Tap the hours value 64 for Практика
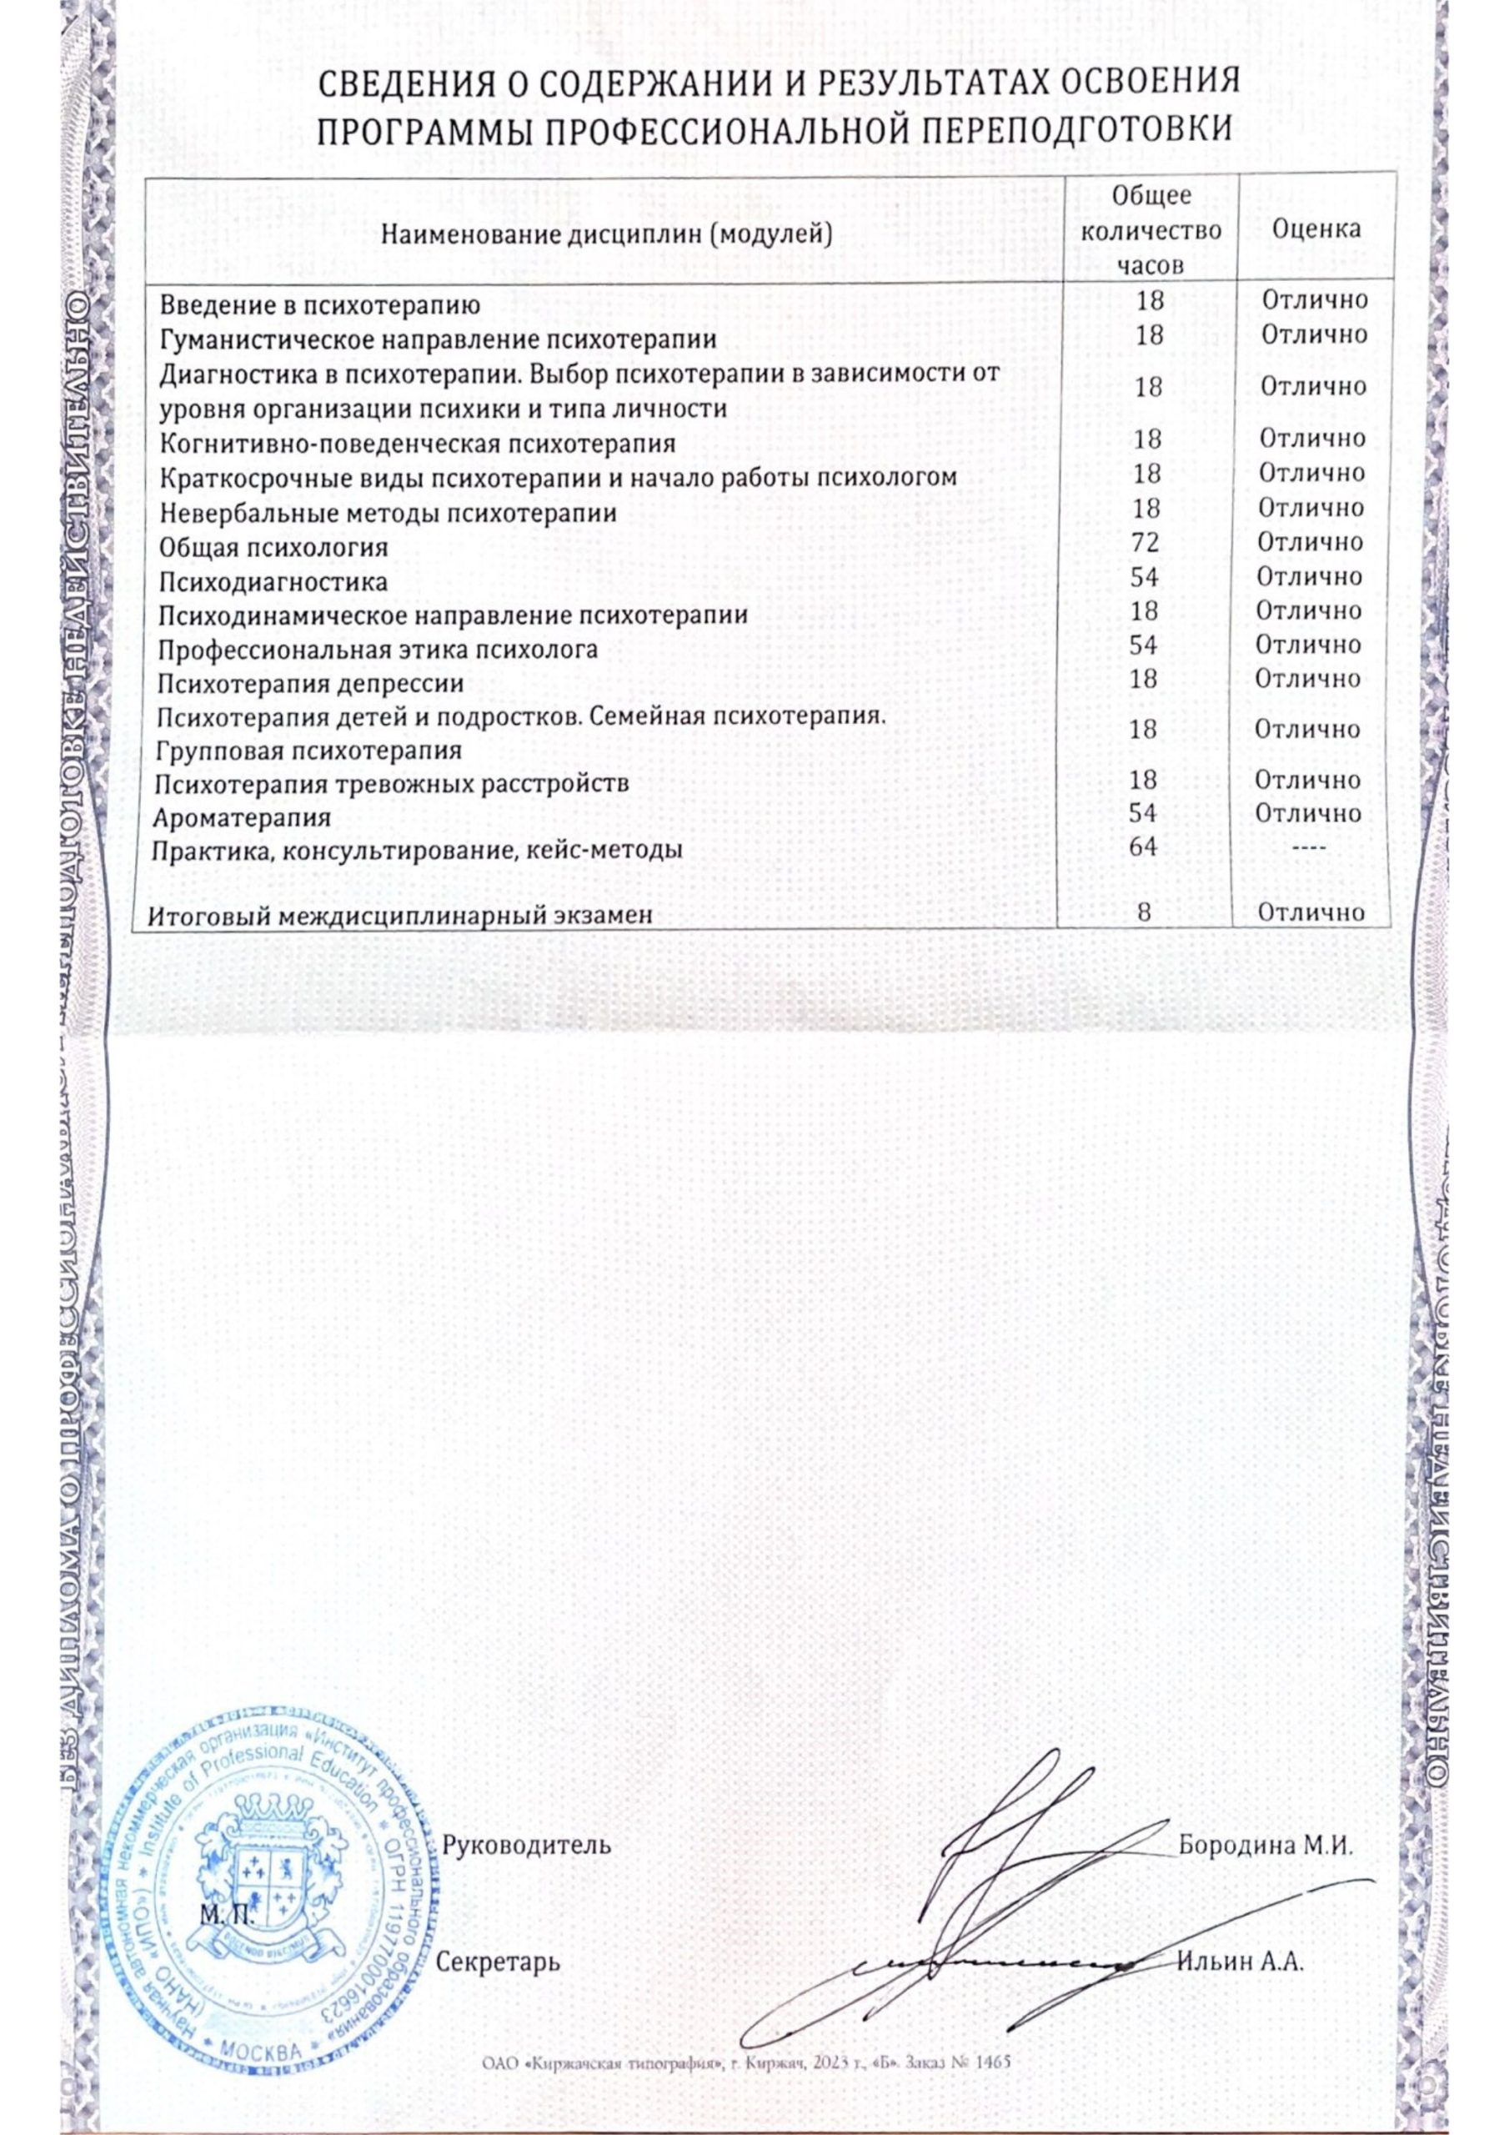tap(1147, 848)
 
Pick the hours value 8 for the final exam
tap(1146, 913)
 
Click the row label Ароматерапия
tap(243, 818)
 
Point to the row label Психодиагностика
tap(273, 582)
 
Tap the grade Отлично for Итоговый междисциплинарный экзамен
tap(1311, 913)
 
